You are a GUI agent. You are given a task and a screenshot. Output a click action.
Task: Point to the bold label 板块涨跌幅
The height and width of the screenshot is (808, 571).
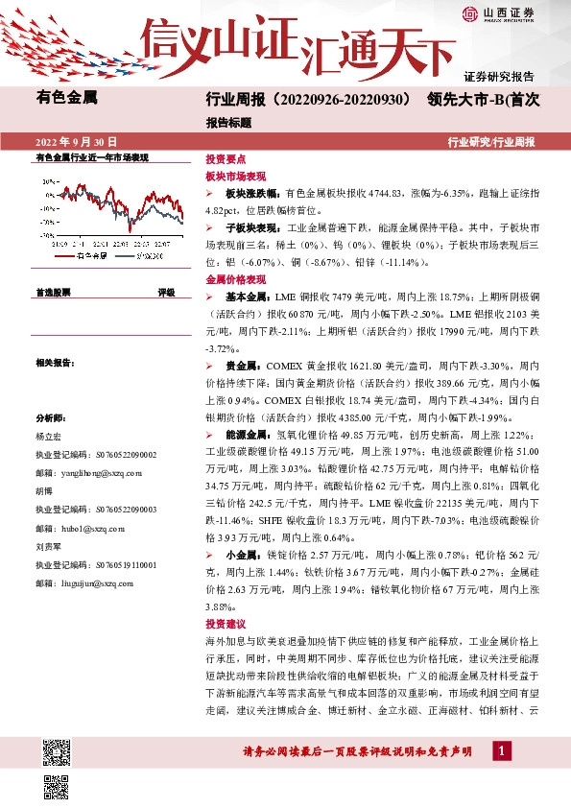coord(254,193)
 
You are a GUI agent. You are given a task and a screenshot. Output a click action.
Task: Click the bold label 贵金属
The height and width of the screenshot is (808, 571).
coord(243,366)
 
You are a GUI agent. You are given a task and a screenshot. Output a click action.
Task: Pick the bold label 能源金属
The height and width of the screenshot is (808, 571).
coord(247,436)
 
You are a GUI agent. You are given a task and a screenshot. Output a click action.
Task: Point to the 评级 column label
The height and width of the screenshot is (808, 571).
coord(166,292)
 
